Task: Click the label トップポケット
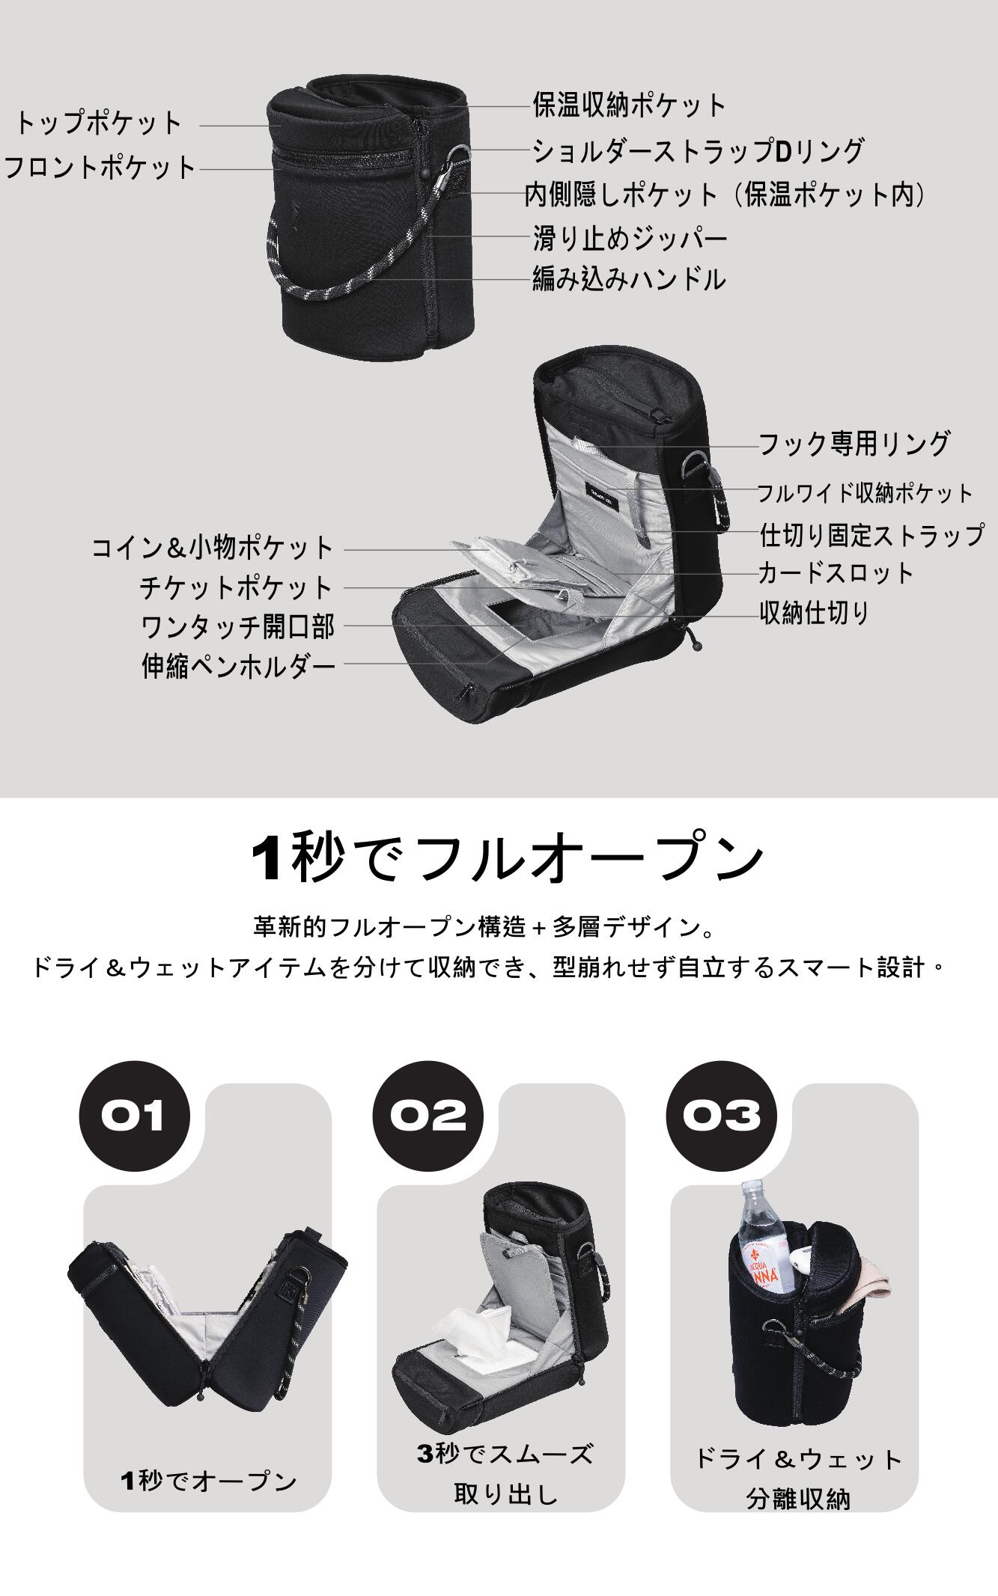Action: (x=98, y=123)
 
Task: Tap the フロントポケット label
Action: (x=100, y=167)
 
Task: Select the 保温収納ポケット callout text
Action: (x=630, y=106)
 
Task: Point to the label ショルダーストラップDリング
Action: (x=699, y=151)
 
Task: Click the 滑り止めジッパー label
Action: (x=630, y=239)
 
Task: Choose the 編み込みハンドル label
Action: (x=629, y=279)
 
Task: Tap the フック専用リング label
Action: (x=854, y=444)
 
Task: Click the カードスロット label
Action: (x=836, y=573)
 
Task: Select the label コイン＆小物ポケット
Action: (x=212, y=548)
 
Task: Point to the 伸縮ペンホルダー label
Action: (x=239, y=665)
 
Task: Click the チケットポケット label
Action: (x=237, y=587)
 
